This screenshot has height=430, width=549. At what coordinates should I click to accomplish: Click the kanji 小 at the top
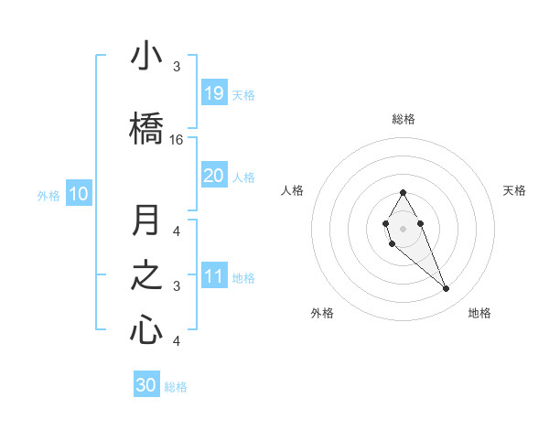point(146,57)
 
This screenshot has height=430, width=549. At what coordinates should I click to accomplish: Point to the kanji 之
point(146,276)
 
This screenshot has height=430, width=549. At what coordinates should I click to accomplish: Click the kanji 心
point(146,330)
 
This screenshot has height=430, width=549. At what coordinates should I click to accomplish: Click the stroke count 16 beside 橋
point(177,140)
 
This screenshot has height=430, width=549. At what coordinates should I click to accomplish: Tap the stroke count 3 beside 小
point(177,67)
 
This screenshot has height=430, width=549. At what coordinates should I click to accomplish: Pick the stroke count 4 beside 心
point(177,341)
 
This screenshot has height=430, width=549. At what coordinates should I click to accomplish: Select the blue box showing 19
point(213,93)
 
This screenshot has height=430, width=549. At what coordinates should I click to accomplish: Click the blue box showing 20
point(213,176)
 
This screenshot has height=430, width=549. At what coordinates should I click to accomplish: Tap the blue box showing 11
point(213,276)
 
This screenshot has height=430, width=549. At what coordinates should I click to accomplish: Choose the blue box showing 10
point(79,194)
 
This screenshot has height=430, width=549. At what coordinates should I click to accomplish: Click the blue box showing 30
point(146,385)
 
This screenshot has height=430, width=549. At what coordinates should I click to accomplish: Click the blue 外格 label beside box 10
point(48,195)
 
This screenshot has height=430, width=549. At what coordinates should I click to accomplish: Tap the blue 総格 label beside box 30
point(176,387)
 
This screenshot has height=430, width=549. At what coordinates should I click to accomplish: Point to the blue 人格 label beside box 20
point(243,177)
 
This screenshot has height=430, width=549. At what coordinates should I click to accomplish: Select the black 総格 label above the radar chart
point(403,119)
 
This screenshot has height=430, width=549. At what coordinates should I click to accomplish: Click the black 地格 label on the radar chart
point(479,313)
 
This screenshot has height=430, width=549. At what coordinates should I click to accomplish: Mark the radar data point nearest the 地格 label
point(447,289)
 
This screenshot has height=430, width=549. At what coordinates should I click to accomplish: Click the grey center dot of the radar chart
point(403,227)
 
